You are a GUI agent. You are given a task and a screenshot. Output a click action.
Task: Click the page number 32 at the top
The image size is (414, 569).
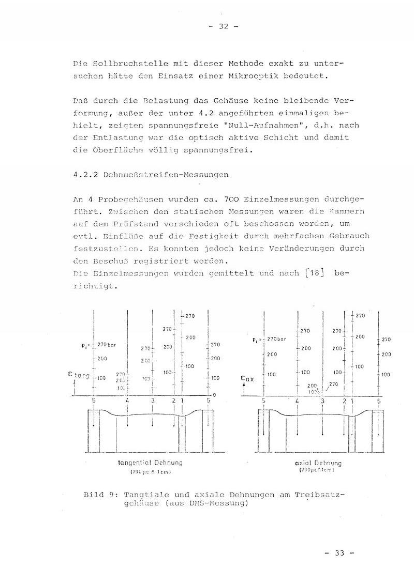coord(224,27)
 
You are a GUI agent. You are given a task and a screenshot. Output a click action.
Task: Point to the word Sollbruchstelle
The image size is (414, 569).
coord(122,64)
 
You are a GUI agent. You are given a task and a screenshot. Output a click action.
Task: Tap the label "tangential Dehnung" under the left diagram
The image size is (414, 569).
coord(150,463)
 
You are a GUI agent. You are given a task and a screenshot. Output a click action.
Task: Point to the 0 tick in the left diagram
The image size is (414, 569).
coord(214,395)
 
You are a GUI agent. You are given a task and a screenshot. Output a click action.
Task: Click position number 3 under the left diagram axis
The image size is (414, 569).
coord(152,401)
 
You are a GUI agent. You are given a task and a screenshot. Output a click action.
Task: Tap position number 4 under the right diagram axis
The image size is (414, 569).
coord(297,401)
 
